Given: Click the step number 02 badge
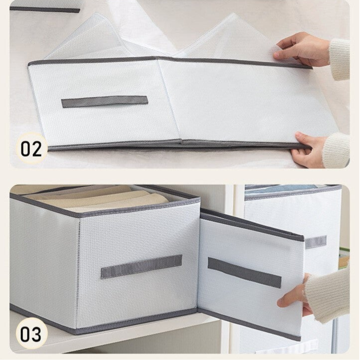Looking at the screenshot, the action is click(31, 149).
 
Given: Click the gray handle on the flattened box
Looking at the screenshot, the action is click(105, 102).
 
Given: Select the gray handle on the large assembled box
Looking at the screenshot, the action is click(142, 266).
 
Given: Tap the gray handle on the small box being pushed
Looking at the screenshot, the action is click(244, 273).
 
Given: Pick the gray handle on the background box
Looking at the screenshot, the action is click(316, 242).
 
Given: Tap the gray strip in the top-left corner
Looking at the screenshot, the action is click(45, 10).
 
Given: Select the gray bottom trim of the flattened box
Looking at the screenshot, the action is click(179, 145).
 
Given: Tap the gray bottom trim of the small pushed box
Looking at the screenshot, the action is click(249, 324).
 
